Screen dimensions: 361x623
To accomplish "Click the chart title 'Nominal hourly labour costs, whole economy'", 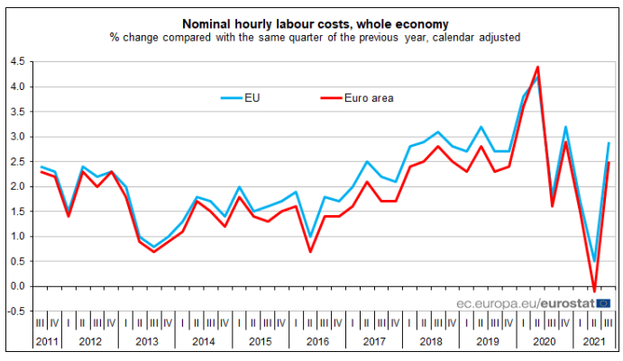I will coord(312,22).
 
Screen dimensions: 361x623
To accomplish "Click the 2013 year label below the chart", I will coord(146,342).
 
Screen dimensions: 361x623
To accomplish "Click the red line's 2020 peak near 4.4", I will coord(537,68).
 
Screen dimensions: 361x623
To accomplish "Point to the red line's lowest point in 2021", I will coord(594,291).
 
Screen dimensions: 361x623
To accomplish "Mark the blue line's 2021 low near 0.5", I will coord(594,261).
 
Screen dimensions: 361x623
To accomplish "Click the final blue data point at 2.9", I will coord(609,142).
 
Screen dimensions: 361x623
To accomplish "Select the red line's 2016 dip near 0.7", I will coord(310,251).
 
